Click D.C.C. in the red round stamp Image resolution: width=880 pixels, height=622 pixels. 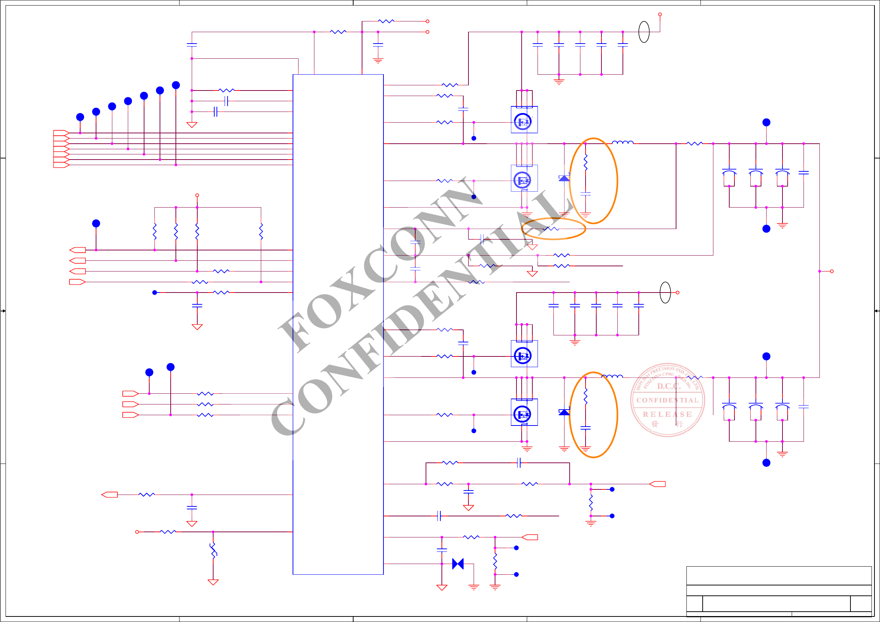tap(669, 386)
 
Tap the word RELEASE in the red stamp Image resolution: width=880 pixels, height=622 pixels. tap(667, 414)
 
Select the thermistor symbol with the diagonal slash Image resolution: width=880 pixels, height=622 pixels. tap(213, 550)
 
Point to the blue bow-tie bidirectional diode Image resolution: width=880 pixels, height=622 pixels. tap(458, 564)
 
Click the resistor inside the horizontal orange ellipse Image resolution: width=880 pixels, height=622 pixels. tap(551, 229)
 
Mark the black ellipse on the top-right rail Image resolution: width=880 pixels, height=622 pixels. tap(644, 32)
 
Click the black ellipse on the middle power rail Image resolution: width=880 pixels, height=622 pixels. tap(665, 293)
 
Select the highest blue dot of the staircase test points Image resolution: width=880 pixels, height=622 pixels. tap(176, 85)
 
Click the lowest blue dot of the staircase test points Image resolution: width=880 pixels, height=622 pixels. tap(80, 117)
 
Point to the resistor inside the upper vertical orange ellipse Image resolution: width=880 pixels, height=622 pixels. tap(585, 162)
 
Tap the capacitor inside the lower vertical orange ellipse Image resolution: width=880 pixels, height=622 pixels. tap(585, 428)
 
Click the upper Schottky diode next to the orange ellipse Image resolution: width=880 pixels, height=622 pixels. tap(564, 178)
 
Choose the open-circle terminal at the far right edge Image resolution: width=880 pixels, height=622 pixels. tap(832, 271)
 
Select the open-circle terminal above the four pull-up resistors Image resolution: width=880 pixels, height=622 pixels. tap(197, 195)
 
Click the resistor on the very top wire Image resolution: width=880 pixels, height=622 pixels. tap(386, 21)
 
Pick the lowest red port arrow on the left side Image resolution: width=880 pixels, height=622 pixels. tap(109, 495)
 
